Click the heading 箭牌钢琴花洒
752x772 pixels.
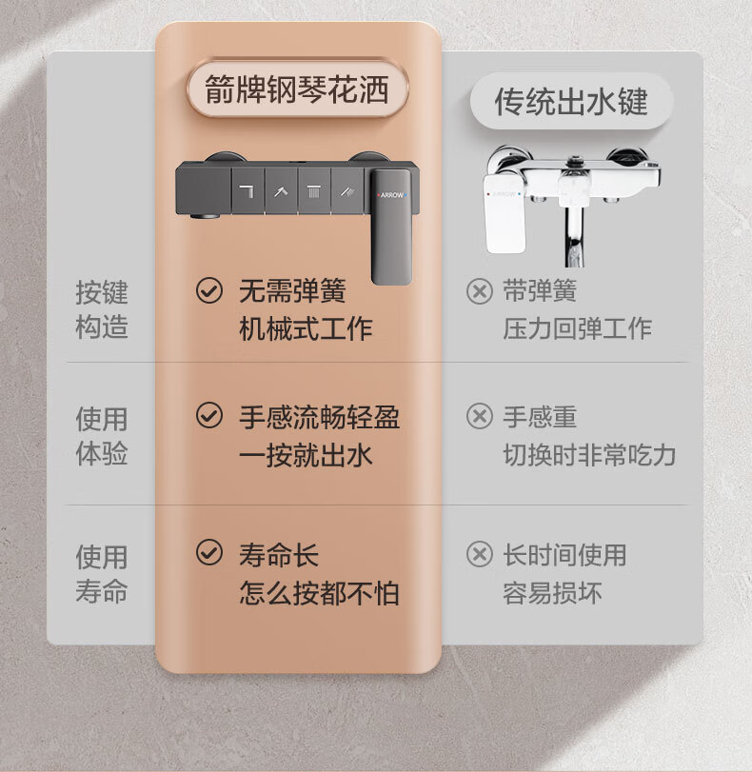tap(297, 89)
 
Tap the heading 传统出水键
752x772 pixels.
tap(571, 102)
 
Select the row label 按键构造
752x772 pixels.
tap(102, 309)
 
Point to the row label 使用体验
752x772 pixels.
tap(102, 436)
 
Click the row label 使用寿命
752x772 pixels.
tap(102, 574)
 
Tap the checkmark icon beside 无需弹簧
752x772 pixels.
tap(209, 290)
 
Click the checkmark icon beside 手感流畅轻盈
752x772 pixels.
tap(209, 416)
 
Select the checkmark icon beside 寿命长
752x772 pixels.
tap(209, 552)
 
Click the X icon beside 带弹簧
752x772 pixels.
tap(479, 291)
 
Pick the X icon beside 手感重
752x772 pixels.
tap(479, 417)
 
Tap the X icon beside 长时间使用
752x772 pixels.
tap(479, 554)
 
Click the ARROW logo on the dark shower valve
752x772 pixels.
tap(392, 195)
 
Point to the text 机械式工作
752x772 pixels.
tap(306, 329)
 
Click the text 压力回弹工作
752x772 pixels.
tap(577, 329)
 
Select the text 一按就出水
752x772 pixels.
tap(306, 455)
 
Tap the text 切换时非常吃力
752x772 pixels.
tap(589, 455)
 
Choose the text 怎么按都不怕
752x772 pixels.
tap(319, 593)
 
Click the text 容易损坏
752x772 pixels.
tap(552, 593)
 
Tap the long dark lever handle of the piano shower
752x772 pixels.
tap(391, 227)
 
